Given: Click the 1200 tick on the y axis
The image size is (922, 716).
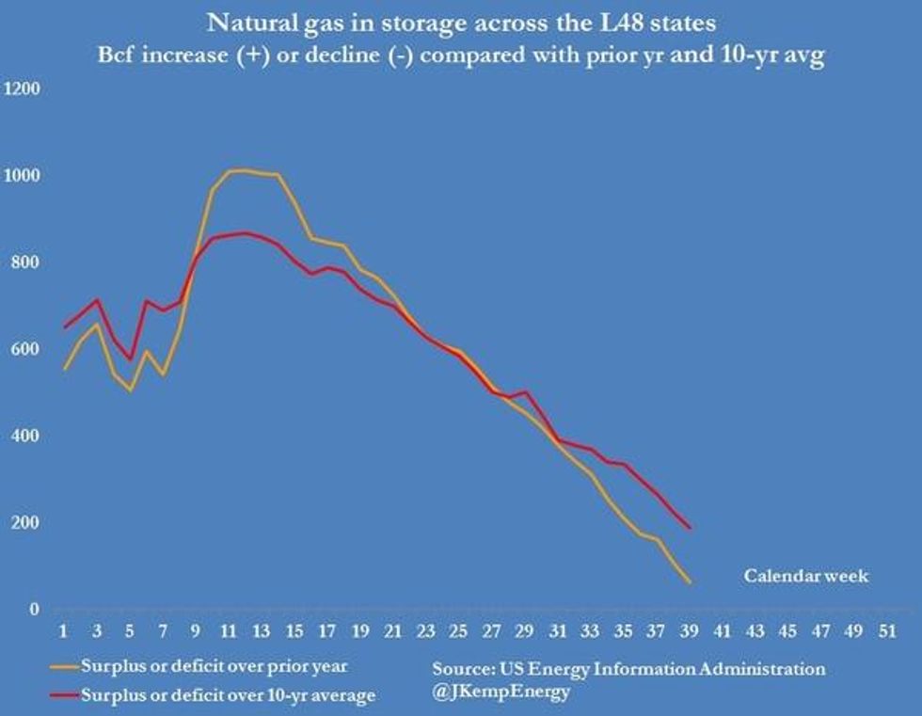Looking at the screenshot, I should click(24, 89).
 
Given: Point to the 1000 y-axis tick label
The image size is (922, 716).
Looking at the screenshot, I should click(24, 176).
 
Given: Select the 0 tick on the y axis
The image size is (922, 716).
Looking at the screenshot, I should click(35, 609).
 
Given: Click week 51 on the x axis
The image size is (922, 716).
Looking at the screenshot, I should click(885, 628).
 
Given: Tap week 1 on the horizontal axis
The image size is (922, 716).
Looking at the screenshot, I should click(64, 628).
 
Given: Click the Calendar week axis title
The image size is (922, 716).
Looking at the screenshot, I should click(805, 576).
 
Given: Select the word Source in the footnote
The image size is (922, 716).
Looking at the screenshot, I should click(460, 669).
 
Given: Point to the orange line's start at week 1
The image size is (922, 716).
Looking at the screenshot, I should click(64, 369).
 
